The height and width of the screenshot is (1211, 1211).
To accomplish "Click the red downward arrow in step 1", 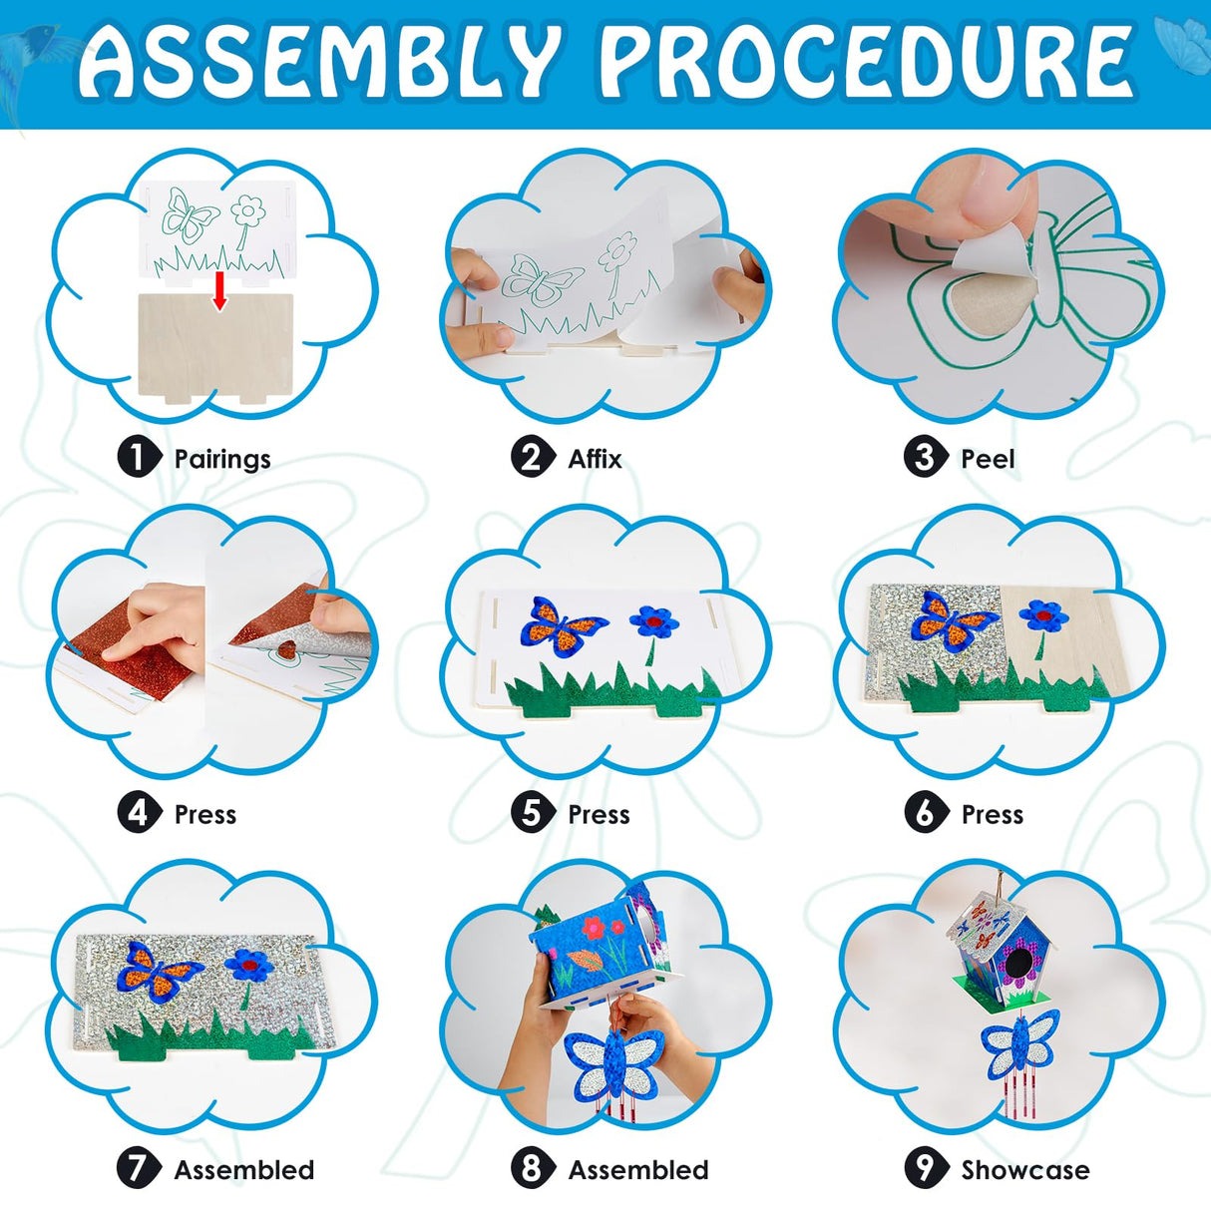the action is click(x=219, y=291).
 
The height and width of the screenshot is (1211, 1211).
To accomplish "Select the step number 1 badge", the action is click(x=139, y=458).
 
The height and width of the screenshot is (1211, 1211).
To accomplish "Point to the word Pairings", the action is click(x=222, y=460).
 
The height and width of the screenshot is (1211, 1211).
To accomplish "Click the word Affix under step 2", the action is click(x=595, y=459).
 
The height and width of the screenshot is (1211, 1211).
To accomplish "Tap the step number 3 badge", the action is click(x=925, y=458).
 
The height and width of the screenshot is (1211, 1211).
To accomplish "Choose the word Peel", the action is click(x=988, y=460).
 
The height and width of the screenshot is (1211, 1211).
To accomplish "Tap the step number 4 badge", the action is click(x=139, y=814).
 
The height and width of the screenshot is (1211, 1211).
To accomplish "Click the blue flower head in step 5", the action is click(x=653, y=620).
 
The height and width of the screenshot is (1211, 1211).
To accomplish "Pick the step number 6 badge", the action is click(x=925, y=814).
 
